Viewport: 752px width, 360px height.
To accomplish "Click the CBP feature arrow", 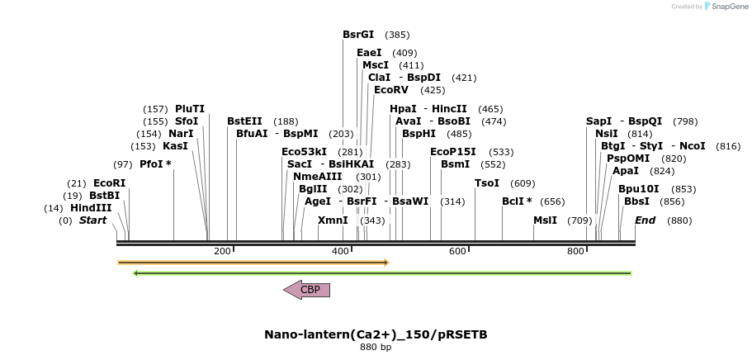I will coord(306,290).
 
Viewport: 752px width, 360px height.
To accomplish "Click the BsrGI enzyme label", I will coord(358,35).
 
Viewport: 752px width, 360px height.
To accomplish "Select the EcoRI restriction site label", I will coord(109,182).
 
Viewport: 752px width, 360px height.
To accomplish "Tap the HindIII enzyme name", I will coord(91,208).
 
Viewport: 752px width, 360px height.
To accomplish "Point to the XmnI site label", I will coord(333,220).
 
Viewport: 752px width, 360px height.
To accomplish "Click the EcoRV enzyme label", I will coord(391,90).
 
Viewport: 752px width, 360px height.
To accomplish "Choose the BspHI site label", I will coord(419,133).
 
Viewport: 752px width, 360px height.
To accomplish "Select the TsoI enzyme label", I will coord(487,182).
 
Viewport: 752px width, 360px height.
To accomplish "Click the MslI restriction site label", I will coord(545,220).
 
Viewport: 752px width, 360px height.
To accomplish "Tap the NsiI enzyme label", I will coord(606,133).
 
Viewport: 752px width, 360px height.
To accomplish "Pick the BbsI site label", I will coord(636,201).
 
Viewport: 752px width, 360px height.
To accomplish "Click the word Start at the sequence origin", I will coord(92,220).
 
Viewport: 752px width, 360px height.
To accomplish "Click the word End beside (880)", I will coord(645,220).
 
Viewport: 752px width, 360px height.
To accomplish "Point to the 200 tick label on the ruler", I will coord(222,251).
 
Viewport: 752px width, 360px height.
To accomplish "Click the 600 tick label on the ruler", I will coord(457,251).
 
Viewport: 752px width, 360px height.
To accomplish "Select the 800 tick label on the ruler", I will coord(575,251).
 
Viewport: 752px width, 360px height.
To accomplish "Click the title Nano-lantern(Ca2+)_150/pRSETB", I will coord(376,334).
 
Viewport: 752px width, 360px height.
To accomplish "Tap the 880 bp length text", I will coord(376,348).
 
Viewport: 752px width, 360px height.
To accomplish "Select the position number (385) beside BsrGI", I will coord(397,35).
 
